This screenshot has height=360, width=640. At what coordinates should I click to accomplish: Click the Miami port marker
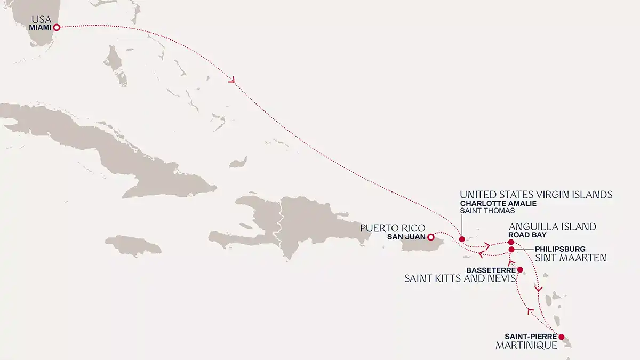[56, 27]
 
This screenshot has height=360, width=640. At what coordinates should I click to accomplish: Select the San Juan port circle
[430, 236]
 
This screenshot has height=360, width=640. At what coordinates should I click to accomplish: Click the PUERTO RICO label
[393, 228]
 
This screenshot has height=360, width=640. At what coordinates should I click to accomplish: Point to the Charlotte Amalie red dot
[462, 239]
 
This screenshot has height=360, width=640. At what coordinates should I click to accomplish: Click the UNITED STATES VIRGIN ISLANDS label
[536, 195]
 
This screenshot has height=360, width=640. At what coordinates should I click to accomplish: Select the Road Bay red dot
[511, 243]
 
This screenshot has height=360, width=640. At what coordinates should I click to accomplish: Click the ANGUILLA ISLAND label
[552, 227]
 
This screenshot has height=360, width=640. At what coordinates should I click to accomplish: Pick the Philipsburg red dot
[511, 250]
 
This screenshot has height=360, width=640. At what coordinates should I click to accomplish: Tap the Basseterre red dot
[520, 270]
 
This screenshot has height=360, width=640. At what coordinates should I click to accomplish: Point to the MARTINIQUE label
[526, 346]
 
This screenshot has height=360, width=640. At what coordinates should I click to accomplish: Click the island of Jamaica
[133, 246]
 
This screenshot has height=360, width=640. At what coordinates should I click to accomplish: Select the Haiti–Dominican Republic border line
[277, 224]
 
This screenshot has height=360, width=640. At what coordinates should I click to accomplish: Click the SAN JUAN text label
[408, 237]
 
